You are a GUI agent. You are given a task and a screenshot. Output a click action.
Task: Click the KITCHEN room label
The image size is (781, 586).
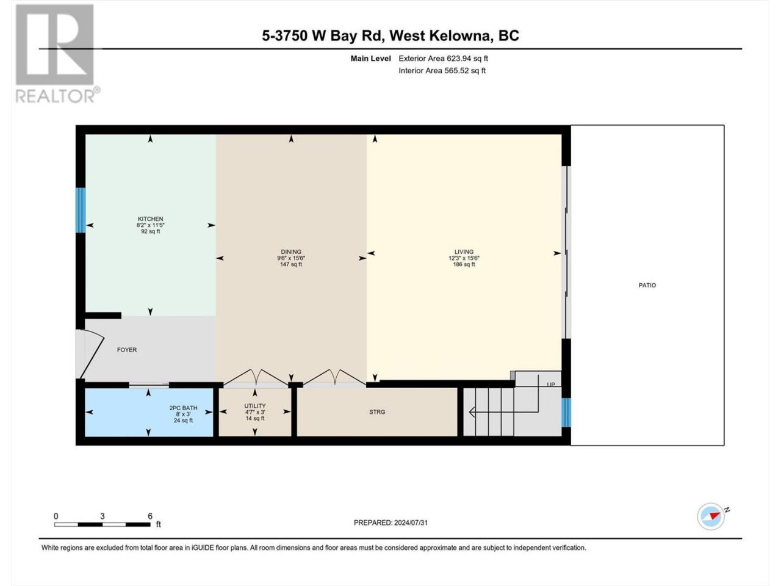click(x=151, y=219)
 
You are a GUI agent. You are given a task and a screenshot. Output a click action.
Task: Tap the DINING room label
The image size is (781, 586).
click(x=291, y=251)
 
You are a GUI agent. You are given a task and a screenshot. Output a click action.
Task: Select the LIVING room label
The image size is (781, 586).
click(x=464, y=251)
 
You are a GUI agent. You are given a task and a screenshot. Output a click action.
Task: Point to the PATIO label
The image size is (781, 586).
click(x=647, y=285)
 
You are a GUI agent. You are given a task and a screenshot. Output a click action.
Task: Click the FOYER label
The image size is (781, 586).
click(x=127, y=350)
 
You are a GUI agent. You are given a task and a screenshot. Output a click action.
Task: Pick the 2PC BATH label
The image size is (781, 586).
click(x=183, y=408)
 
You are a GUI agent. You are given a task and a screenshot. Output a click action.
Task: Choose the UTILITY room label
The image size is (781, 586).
click(x=255, y=406)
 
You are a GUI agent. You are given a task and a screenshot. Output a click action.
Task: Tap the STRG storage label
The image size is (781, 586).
click(x=377, y=411)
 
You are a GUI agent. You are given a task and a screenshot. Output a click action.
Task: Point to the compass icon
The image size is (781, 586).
click(x=711, y=516)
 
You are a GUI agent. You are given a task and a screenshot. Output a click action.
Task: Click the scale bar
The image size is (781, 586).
click(x=103, y=524)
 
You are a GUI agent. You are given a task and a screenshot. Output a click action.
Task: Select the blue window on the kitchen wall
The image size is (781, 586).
click(x=81, y=210)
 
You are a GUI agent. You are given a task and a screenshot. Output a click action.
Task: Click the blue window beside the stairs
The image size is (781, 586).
click(x=566, y=413)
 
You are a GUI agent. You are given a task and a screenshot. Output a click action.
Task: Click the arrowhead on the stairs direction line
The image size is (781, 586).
click(x=472, y=413)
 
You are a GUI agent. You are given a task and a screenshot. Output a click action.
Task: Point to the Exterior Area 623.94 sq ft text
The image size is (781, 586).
click(x=444, y=59)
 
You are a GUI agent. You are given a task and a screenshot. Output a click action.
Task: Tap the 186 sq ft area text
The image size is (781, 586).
click(x=464, y=264)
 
